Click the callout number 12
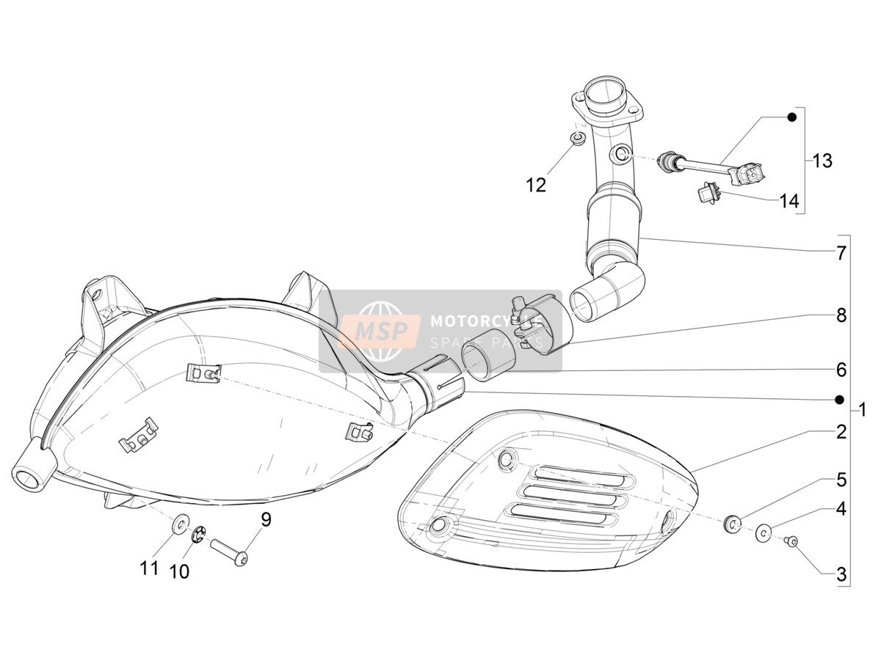coord(536,186)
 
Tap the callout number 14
coord(788,201)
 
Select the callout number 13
coord(822,161)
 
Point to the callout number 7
coord(841,253)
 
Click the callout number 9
coord(266,520)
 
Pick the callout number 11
coord(149,568)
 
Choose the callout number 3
coord(841,574)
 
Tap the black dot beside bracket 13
coord(791,117)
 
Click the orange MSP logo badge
coord(380,331)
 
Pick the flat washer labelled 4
coord(764,532)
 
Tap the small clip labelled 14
coord(707,192)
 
